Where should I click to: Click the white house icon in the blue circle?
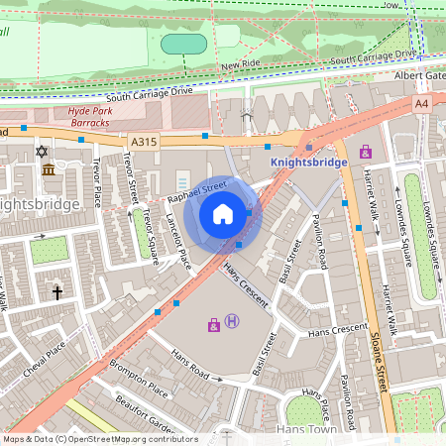[x=223, y=213]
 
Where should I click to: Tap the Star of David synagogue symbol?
[x=41, y=152]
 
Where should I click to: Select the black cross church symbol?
[x=57, y=293]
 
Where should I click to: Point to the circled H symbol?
[x=232, y=320]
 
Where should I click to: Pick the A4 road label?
[x=422, y=102]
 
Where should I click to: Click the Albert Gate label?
[x=420, y=76]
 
